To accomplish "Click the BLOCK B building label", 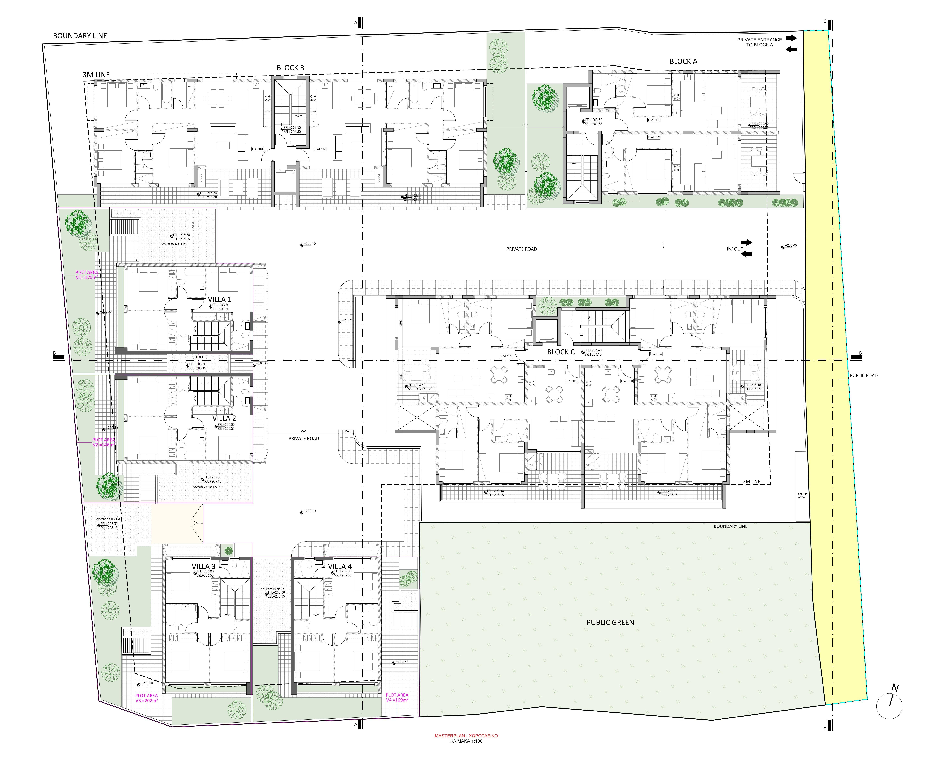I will (x=290, y=68).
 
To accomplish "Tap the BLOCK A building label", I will (x=683, y=62).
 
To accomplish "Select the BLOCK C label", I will (x=561, y=352).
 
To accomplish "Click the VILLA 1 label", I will (x=219, y=300).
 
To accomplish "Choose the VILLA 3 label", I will (x=203, y=566).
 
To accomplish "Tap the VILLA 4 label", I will (x=340, y=566).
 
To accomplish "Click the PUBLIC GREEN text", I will (x=610, y=622).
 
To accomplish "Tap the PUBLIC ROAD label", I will (x=863, y=375).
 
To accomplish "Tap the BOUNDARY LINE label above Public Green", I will (x=730, y=526).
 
